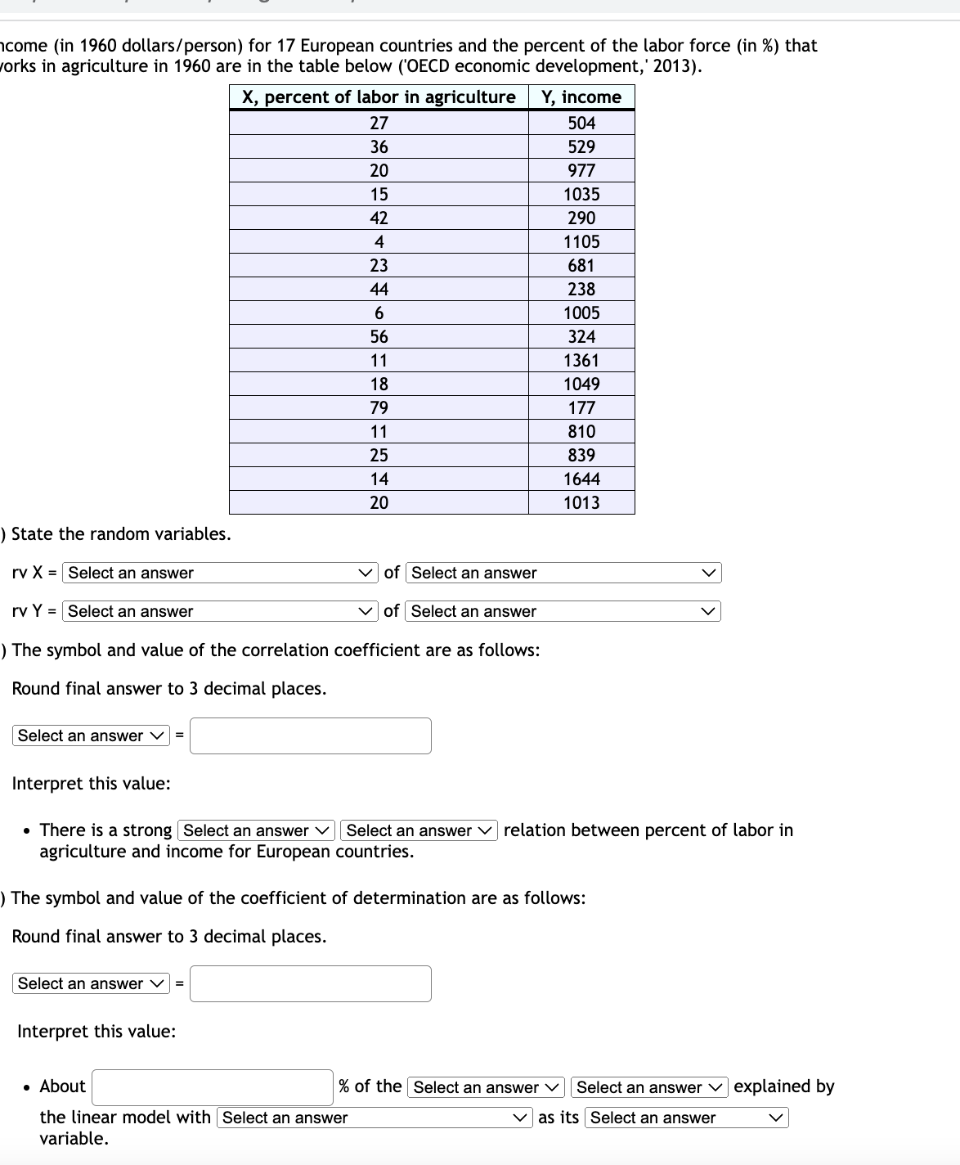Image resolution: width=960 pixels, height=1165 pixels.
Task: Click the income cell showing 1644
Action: pos(581,479)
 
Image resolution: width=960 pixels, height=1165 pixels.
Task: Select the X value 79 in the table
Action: pos(379,408)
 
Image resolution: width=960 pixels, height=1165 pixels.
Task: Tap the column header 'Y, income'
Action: pos(581,97)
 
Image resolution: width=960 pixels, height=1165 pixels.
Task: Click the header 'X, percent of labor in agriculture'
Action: pos(379,97)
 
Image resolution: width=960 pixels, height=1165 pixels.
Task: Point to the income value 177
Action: pos(581,408)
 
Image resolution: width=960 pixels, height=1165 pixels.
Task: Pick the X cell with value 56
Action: pos(379,337)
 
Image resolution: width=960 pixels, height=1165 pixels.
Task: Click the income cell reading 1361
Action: pos(581,361)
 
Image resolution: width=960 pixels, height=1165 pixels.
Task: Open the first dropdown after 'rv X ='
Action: pos(220,573)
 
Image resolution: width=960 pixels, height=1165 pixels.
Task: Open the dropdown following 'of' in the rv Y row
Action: pos(563,611)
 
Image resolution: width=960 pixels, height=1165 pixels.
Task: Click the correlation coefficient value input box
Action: pos(311,735)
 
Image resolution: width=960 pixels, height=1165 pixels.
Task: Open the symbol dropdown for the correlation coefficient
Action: pos(91,735)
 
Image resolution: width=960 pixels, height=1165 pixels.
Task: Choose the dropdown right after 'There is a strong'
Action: pos(256,830)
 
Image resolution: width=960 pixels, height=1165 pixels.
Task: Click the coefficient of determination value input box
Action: pos(311,983)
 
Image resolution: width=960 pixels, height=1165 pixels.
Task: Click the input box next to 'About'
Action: pos(213,1087)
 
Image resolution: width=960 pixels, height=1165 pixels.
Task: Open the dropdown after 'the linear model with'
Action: pos(374,1118)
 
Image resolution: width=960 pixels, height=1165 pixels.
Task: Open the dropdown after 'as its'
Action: pos(686,1118)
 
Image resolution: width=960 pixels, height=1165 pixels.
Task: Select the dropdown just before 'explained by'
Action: pos(648,1087)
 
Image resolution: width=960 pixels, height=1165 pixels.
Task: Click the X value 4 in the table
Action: pos(379,242)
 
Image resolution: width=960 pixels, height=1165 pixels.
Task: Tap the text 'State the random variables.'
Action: pos(120,534)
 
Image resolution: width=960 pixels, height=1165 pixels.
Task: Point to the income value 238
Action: pos(581,290)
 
